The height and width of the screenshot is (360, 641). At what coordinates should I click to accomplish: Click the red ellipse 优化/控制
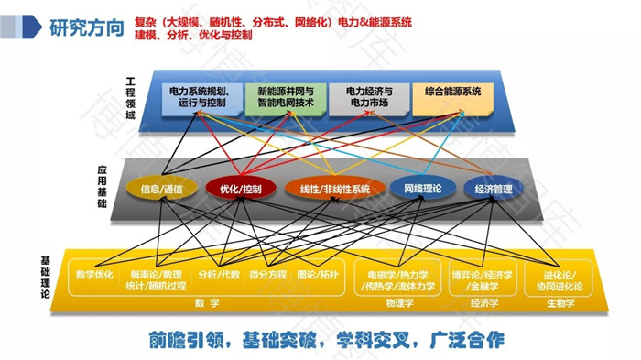[241, 189]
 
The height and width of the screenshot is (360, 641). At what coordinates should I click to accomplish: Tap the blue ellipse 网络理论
[422, 189]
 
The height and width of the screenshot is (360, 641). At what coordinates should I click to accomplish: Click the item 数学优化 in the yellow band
[95, 274]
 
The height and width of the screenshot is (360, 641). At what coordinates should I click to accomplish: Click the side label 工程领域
[130, 103]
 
